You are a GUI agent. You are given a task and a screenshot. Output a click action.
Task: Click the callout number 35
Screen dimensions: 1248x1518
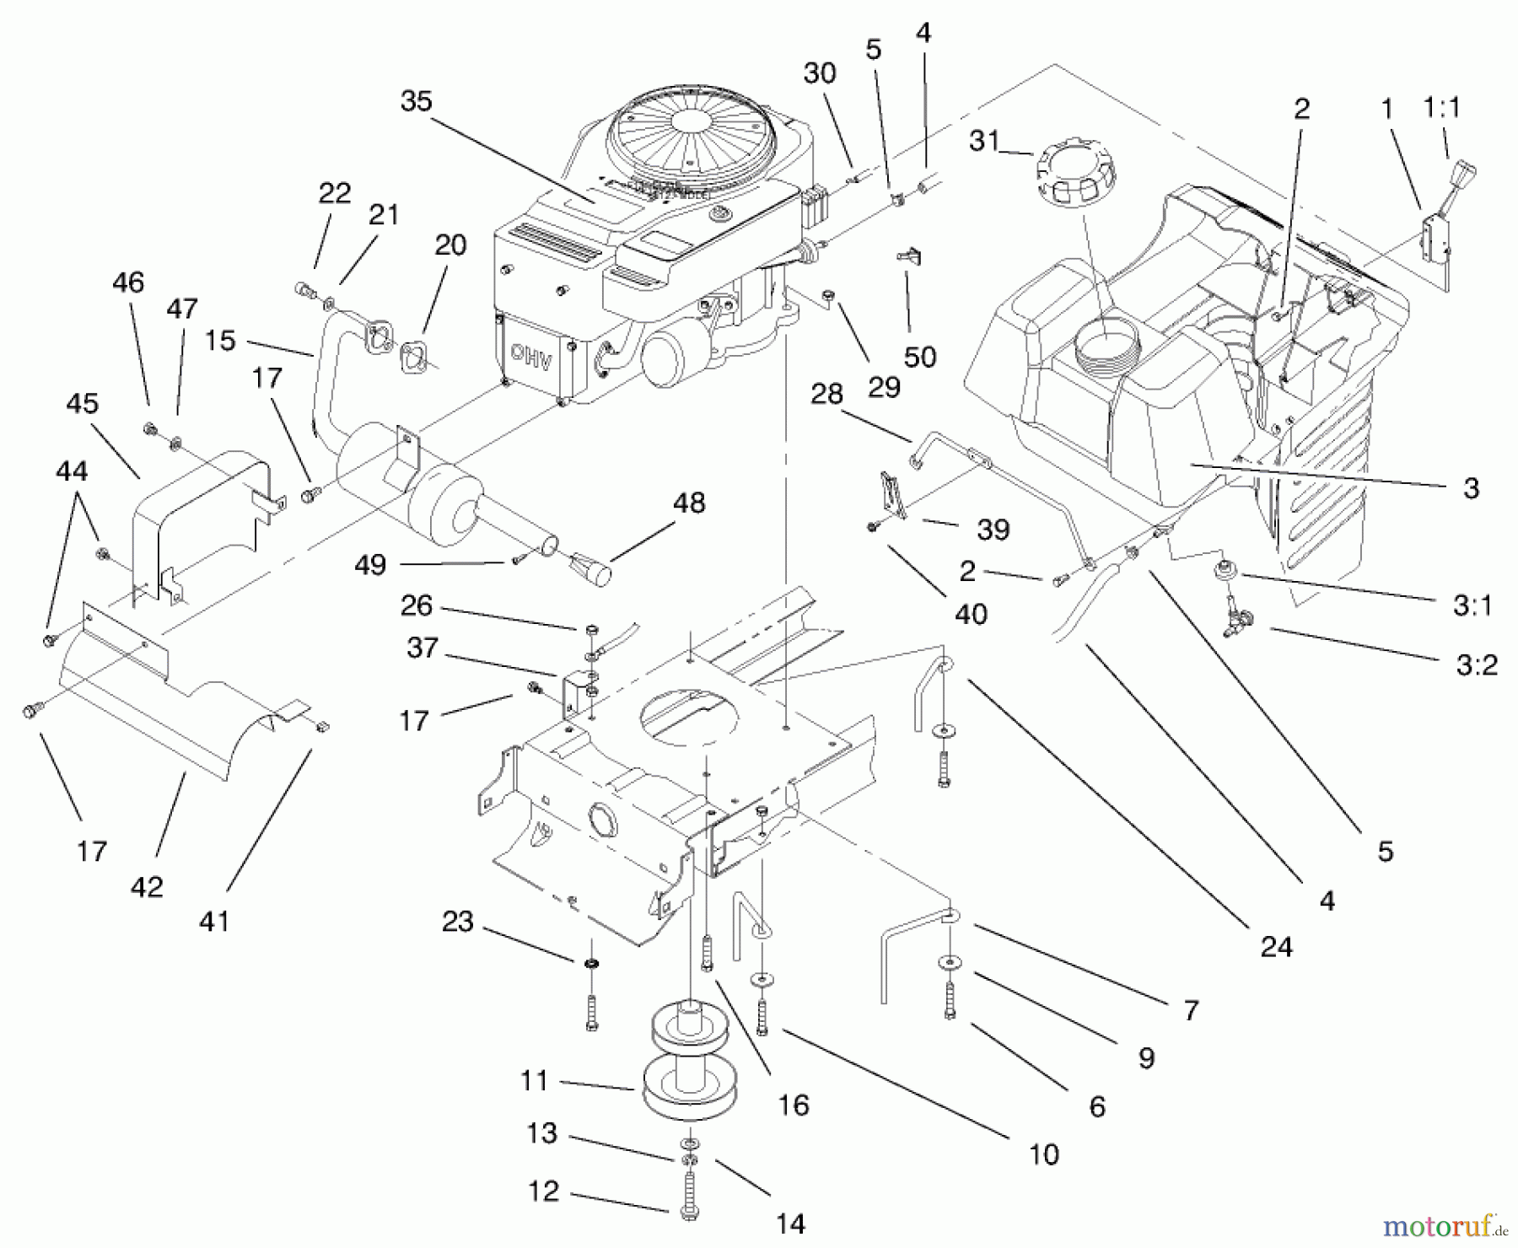click(x=416, y=101)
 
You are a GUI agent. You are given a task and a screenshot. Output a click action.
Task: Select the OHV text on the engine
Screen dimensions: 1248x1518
click(x=531, y=357)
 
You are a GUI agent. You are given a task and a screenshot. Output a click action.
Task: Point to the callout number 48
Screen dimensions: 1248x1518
click(x=689, y=503)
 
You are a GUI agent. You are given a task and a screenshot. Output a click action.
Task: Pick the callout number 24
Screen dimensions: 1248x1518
click(x=1276, y=947)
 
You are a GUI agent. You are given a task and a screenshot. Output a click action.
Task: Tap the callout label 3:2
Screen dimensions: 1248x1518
click(x=1477, y=664)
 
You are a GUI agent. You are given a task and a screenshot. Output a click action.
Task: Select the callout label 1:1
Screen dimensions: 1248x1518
click(x=1441, y=107)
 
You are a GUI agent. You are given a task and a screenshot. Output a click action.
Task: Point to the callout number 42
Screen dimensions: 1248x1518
click(x=147, y=886)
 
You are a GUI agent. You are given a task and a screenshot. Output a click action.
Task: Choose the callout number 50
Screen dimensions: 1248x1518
click(x=920, y=357)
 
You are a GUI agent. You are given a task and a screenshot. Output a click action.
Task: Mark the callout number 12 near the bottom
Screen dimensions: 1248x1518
click(x=543, y=1191)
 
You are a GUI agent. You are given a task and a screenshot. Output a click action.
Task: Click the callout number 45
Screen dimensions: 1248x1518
click(x=82, y=403)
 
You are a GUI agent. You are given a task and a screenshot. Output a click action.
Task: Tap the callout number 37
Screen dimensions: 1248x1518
click(x=422, y=648)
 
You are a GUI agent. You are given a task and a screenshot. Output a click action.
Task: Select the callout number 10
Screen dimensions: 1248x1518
click(x=1044, y=1154)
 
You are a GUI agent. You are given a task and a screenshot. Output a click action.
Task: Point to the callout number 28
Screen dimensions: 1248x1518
click(x=826, y=394)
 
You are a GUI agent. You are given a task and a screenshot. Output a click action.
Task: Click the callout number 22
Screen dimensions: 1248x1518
click(x=334, y=193)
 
